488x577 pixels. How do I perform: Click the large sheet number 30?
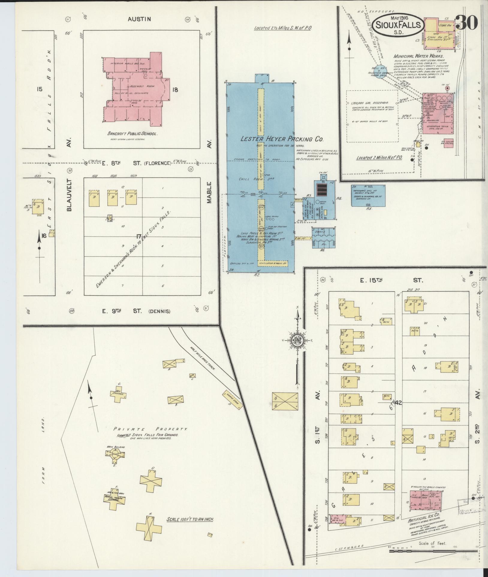pyautogui.click(x=468, y=22)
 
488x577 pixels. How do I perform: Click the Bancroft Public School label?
pyautogui.click(x=132, y=134)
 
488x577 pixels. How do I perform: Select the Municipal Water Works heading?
pyautogui.click(x=418, y=56)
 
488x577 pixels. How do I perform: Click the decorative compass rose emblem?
pyautogui.click(x=297, y=340)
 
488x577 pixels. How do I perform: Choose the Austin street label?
pyautogui.click(x=139, y=19)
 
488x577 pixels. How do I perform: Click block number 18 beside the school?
pyautogui.click(x=175, y=90)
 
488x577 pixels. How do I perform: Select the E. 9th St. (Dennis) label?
pyautogui.click(x=136, y=311)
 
